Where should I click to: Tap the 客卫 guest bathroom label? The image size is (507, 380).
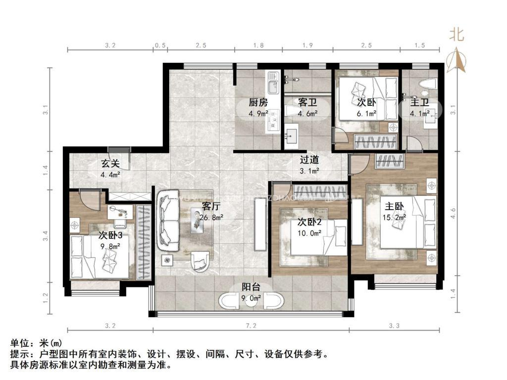(307, 103)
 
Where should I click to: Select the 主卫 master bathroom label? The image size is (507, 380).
(419, 103)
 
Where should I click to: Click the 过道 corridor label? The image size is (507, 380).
(309, 160)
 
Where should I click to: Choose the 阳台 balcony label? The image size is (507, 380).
(251, 287)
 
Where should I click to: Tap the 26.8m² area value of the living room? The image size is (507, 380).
(212, 216)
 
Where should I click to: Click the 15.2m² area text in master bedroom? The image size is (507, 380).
(394, 216)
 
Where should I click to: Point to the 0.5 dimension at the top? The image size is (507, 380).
(160, 46)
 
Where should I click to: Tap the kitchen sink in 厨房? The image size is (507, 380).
(272, 87)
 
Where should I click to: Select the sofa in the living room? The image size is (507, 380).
(168, 220)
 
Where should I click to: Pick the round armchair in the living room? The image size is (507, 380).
(200, 259)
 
